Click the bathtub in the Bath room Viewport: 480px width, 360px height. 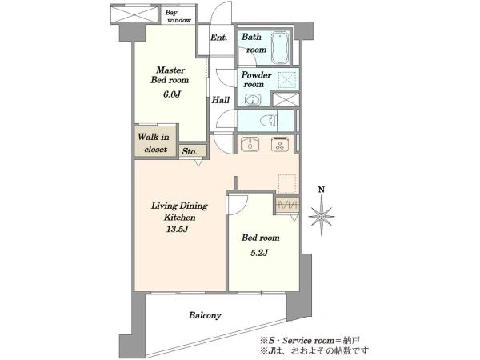(x=280, y=47)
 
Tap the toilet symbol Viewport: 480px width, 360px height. (x=270, y=120)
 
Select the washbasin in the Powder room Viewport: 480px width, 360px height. (x=253, y=99)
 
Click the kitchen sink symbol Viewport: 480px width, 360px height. (x=250, y=144)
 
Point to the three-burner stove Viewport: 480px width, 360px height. (x=280, y=144)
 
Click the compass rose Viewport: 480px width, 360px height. (x=322, y=216)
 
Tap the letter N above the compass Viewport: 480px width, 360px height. (x=322, y=190)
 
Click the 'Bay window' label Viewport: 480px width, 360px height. (x=178, y=16)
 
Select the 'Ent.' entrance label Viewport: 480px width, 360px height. (x=219, y=38)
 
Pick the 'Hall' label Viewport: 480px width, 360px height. (x=221, y=100)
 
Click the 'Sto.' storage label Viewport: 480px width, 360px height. (x=190, y=151)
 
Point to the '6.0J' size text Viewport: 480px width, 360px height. (x=171, y=94)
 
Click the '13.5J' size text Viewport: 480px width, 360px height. (x=178, y=229)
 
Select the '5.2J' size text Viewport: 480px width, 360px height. (x=259, y=253)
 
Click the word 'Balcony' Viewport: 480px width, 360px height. (x=205, y=315)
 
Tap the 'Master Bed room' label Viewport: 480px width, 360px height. (x=170, y=75)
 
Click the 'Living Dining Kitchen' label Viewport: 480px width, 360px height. (x=179, y=211)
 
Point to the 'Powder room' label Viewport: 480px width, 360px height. (x=256, y=79)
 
